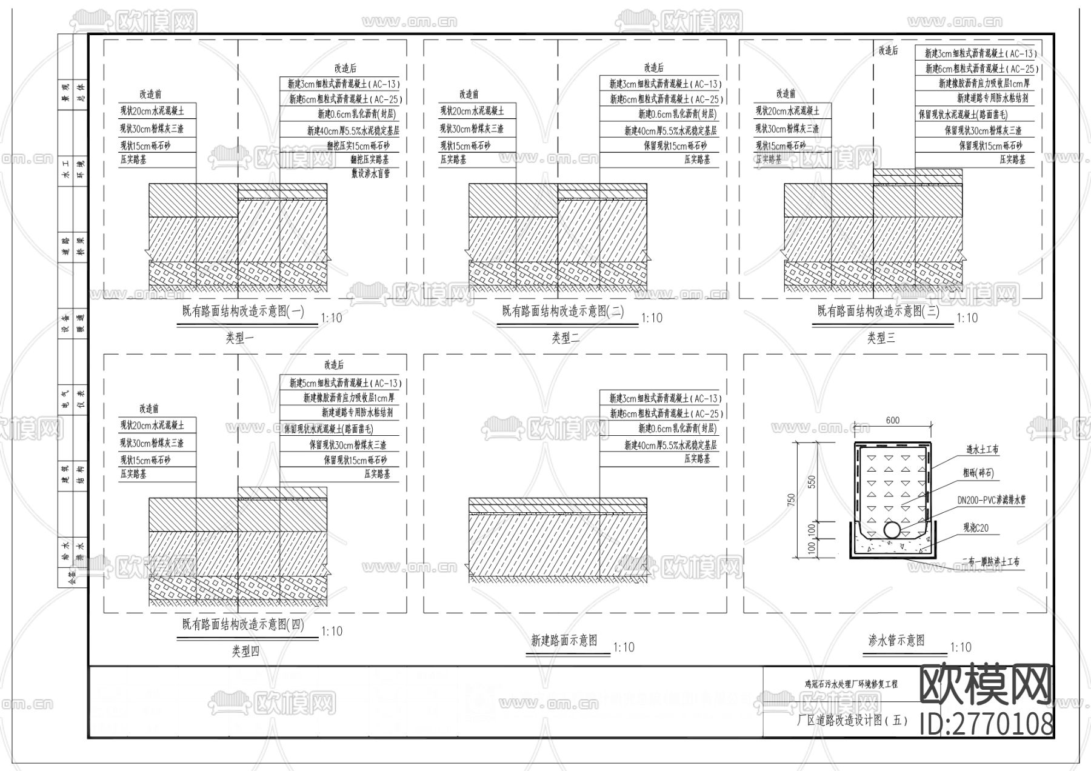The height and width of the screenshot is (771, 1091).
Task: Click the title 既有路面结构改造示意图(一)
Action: click(243, 312)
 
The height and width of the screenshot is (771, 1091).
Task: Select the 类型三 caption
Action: click(881, 338)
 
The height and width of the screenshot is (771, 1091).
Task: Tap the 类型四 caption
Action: click(245, 652)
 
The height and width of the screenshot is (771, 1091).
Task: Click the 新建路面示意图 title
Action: click(564, 641)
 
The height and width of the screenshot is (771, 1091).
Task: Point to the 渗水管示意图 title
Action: click(896, 641)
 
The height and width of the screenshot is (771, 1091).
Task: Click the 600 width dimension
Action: click(892, 421)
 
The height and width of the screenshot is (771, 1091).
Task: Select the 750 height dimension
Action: click(791, 500)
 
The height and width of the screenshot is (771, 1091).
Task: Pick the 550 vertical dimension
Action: click(812, 482)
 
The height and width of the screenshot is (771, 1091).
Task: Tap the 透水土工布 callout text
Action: click(982, 450)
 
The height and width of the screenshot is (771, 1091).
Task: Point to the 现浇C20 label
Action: click(975, 528)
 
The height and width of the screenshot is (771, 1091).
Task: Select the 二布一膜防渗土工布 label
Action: click(990, 562)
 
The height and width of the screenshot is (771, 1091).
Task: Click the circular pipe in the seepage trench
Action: click(892, 530)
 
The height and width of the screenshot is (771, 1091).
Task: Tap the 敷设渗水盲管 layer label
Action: click(370, 173)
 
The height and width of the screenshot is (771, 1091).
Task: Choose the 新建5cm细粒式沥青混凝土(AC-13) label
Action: click(345, 383)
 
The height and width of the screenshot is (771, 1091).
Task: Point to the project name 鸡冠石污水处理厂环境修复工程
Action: click(851, 684)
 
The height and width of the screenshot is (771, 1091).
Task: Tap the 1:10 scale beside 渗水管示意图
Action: click(961, 648)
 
